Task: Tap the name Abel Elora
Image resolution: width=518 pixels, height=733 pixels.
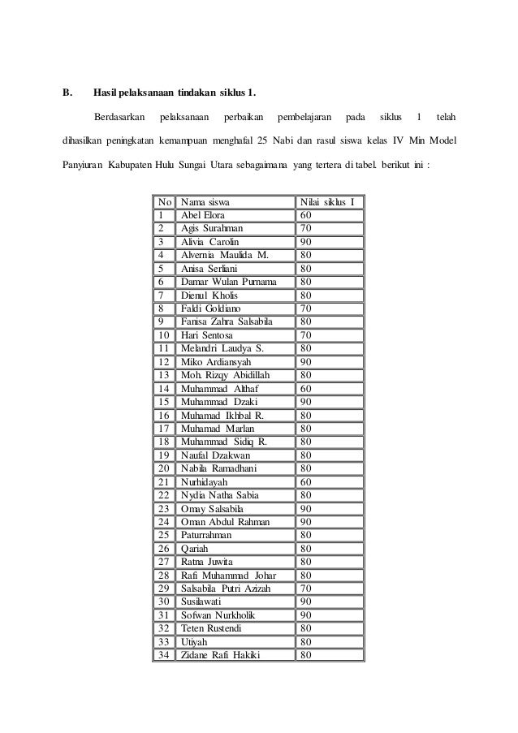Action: point(205,216)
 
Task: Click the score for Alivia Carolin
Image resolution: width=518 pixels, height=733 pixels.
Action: point(307,242)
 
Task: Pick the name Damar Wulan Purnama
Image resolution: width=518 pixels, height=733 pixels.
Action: point(228,282)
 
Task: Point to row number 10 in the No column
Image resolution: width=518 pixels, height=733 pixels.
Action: point(163,334)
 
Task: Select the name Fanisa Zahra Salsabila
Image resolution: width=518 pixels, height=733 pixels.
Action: point(227,321)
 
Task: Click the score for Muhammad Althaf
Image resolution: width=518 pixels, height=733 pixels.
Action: point(307,388)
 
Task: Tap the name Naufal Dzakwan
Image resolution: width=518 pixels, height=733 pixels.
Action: point(215,455)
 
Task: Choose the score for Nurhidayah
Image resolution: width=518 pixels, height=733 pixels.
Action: point(307,481)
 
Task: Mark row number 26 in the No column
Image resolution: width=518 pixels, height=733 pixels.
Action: point(163,548)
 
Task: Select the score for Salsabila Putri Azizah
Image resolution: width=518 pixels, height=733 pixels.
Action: point(307,588)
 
